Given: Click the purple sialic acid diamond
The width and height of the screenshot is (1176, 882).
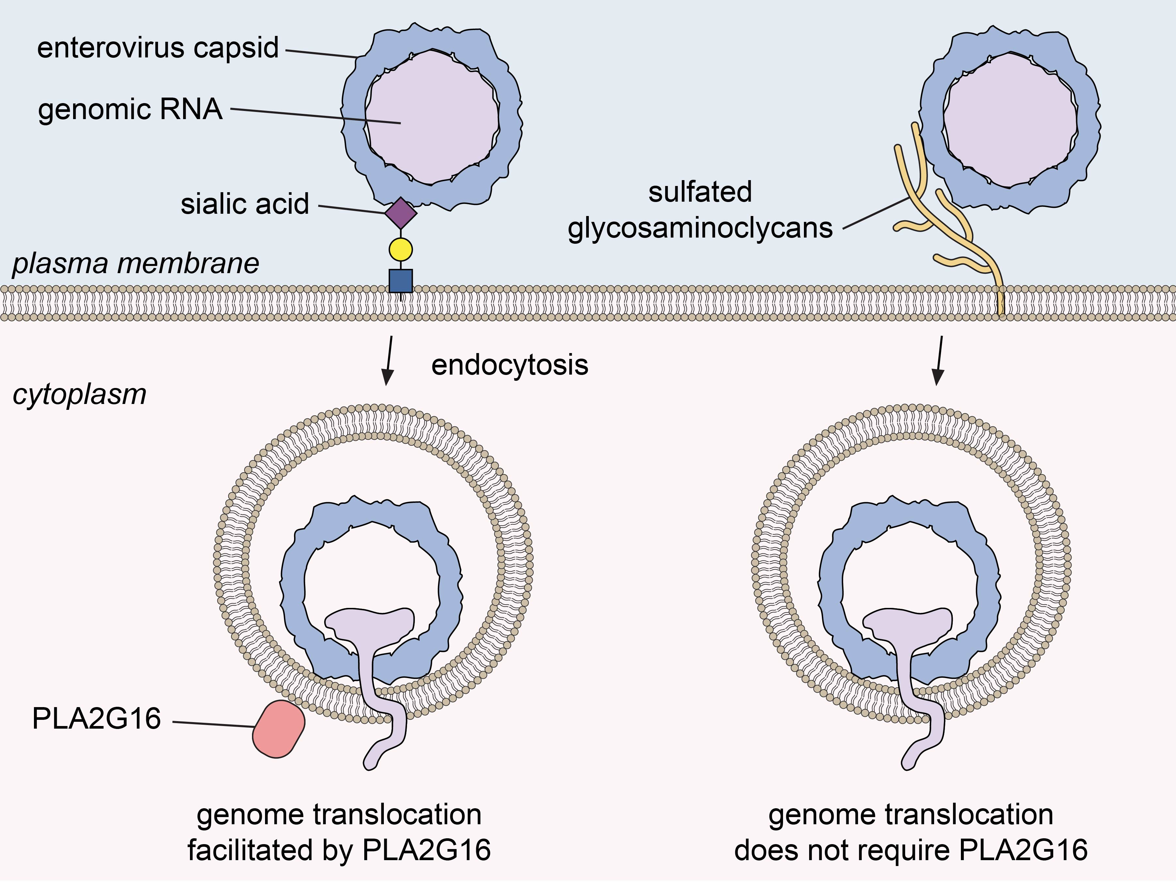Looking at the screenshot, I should (400, 213).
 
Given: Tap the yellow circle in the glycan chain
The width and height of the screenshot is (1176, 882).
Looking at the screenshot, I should (400, 249).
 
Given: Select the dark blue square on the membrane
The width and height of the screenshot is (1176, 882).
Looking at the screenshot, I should (400, 281).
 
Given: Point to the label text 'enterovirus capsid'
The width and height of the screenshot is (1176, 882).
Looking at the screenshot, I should (158, 48).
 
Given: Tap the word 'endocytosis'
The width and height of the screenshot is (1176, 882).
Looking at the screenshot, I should (509, 365).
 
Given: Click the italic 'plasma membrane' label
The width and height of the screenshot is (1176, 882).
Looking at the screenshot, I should (135, 264).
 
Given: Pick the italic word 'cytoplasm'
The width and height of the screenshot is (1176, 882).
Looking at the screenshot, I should (79, 395).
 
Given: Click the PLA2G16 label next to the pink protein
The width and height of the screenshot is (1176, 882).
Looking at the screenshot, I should (96, 719).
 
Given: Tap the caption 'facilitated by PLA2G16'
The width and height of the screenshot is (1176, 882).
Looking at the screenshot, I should (339, 850).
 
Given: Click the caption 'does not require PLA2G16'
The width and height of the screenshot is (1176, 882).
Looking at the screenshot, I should (910, 850).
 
